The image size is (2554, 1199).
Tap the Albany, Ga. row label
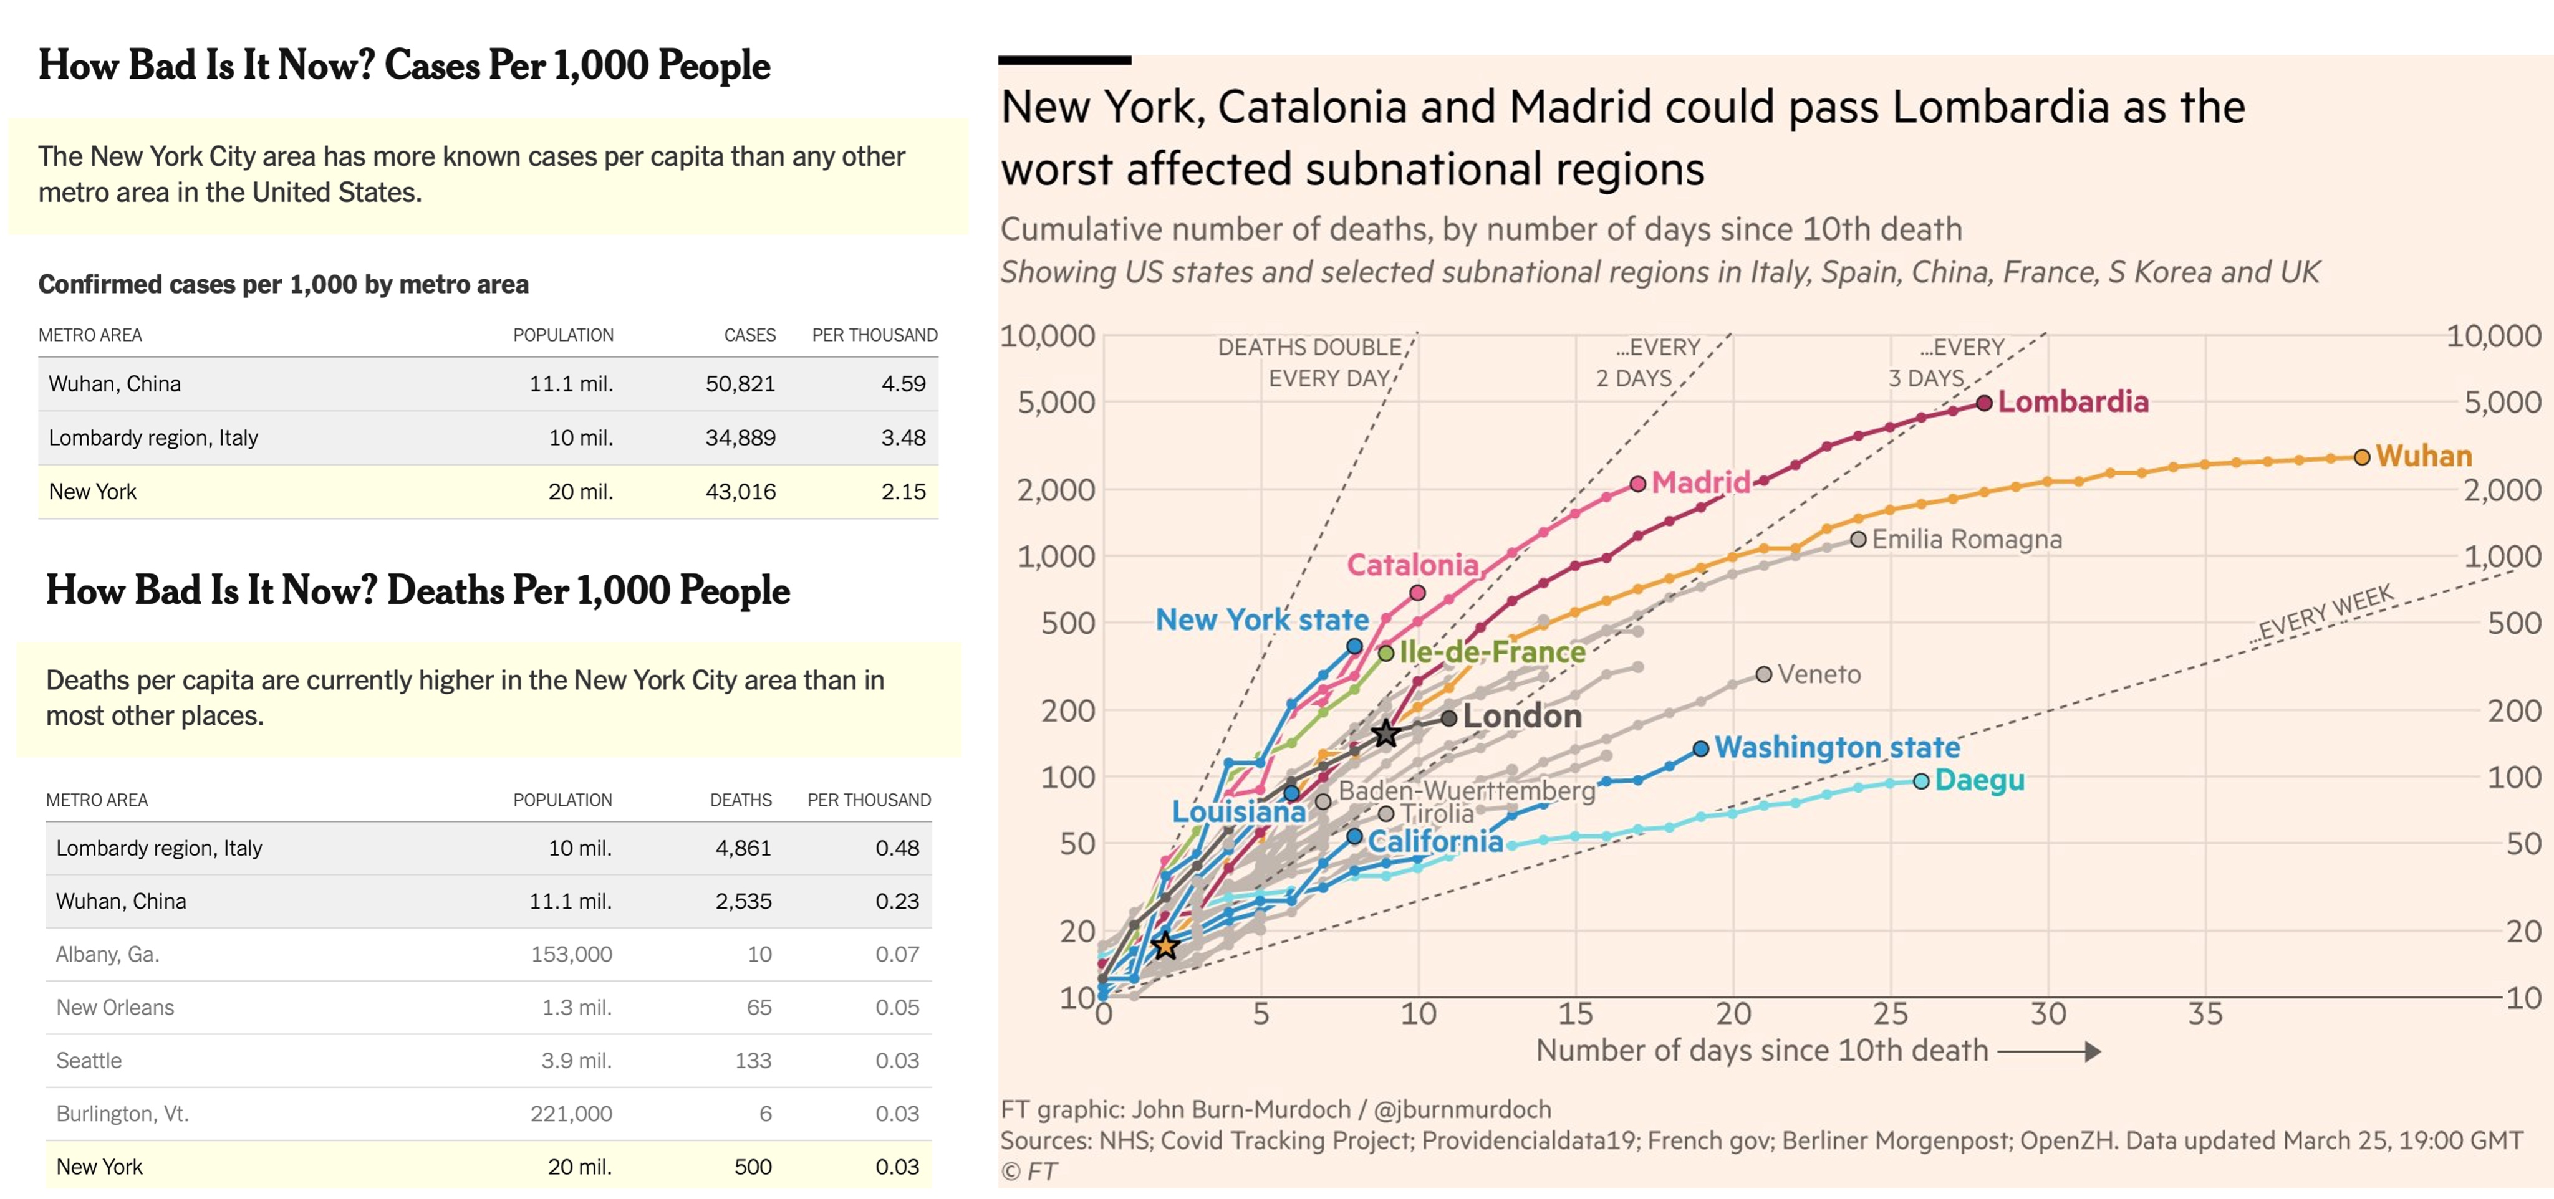[x=107, y=954]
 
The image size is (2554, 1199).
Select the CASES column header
[x=749, y=335]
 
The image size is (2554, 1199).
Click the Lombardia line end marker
[x=1984, y=403]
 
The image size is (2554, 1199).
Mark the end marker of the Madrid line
[x=1638, y=484]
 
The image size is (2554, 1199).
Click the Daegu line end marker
[x=1920, y=781]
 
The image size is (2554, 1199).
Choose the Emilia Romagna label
[x=1966, y=539]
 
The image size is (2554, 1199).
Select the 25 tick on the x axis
[x=1890, y=1014]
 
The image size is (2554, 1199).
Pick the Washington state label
[x=1836, y=747]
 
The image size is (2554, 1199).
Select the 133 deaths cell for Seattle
[x=753, y=1060]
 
